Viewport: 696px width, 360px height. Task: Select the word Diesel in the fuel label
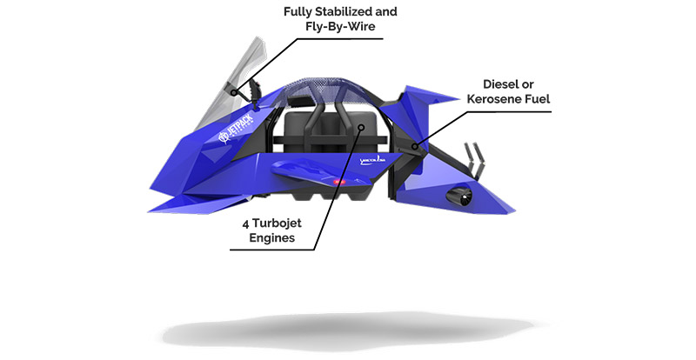(x=505, y=84)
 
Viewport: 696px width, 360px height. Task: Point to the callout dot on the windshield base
(x=234, y=90)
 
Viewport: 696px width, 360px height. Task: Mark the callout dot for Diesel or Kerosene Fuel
(x=416, y=147)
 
